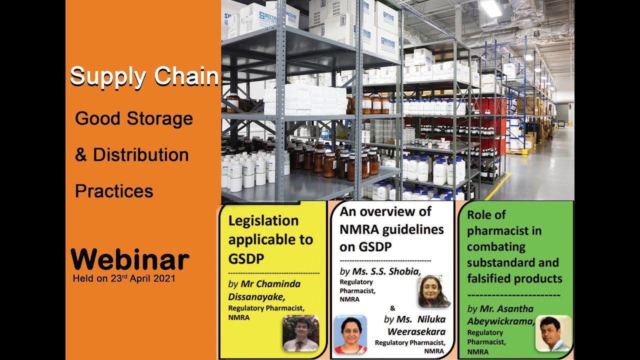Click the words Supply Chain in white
[144, 76]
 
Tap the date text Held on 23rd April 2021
[124, 278]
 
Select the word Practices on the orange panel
[114, 191]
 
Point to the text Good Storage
[134, 119]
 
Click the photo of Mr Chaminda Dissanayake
[300, 333]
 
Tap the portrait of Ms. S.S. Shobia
[434, 291]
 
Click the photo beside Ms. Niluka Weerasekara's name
[350, 334]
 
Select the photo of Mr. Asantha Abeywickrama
[553, 333]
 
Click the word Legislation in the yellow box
[263, 220]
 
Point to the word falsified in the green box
[490, 278]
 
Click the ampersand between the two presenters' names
[392, 308]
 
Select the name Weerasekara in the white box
[416, 331]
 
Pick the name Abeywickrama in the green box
[500, 321]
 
